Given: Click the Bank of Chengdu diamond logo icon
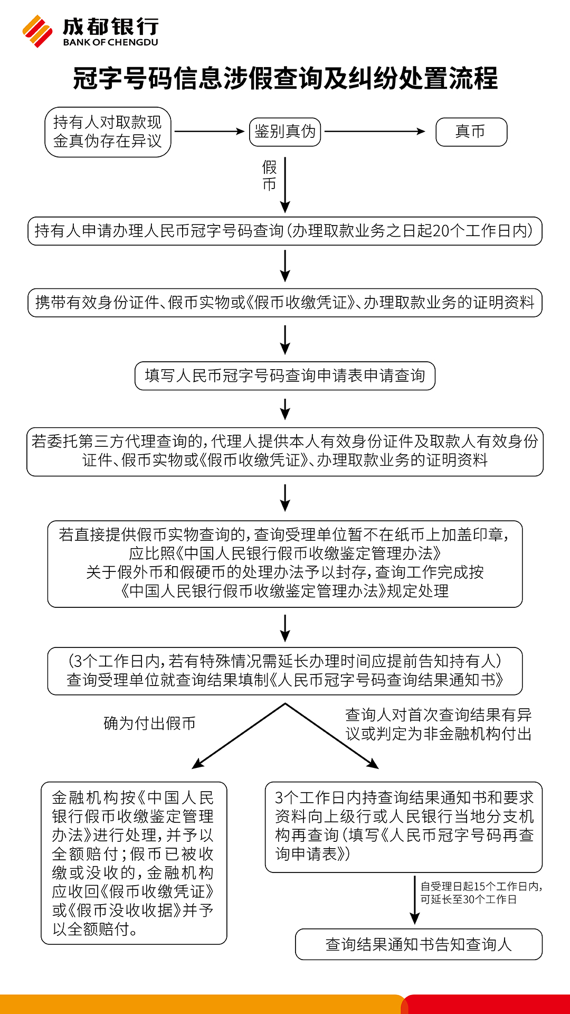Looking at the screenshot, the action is point(38,31).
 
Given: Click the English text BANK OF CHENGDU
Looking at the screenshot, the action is point(110,42).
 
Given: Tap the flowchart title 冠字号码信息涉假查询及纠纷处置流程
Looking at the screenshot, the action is point(285,78).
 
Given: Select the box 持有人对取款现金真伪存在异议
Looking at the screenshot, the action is point(108,132).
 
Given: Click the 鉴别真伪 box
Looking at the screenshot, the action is point(285,132).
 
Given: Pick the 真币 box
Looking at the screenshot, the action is point(471,132).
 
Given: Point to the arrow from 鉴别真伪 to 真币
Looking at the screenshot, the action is point(375,132).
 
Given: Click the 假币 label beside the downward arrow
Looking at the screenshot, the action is point(269,176).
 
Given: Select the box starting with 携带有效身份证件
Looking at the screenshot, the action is point(285,303).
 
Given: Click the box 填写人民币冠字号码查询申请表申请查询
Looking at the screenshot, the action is point(285,375).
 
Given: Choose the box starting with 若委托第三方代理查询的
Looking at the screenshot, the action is point(285,452).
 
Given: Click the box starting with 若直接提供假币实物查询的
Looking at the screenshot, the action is point(285,564).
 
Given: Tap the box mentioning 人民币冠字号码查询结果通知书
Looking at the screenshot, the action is point(285,671).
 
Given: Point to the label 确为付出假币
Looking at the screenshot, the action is point(150,724).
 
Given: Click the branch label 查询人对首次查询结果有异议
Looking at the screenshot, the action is point(438,725).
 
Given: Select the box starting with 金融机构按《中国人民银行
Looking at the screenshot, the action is point(134,863).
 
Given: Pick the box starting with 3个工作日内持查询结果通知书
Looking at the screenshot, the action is point(404,828).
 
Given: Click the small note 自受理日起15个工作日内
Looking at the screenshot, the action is point(481,893).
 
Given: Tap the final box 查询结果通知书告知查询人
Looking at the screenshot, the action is point(419,944).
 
